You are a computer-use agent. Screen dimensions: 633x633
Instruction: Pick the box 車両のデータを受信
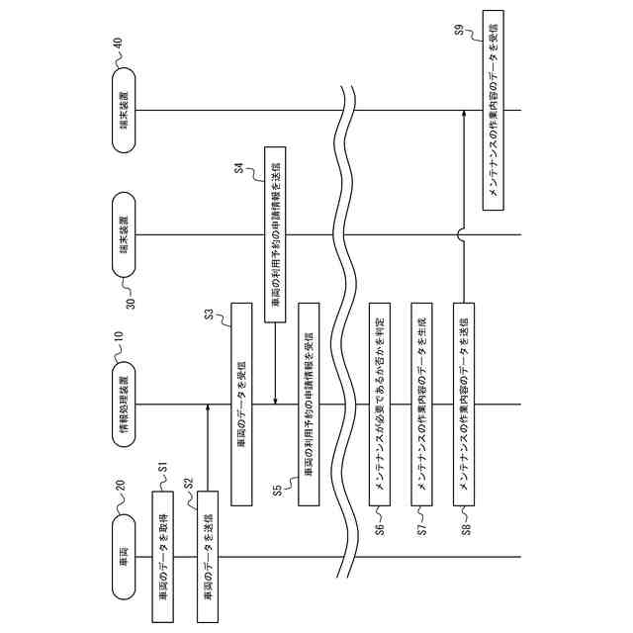241,401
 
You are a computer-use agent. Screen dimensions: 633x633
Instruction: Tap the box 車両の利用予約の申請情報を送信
274,235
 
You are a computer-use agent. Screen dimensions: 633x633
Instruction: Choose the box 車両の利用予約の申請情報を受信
308,401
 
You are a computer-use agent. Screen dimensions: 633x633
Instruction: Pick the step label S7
422,524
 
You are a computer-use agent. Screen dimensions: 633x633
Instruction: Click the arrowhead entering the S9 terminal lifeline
464,117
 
